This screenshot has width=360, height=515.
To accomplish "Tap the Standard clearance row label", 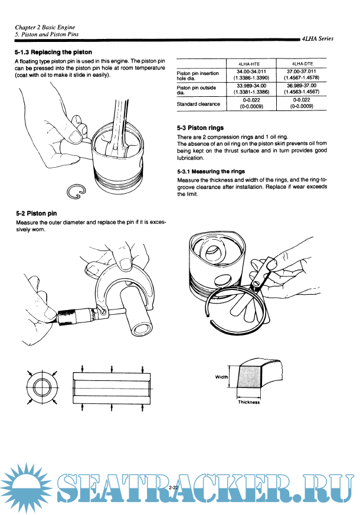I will point(198,104).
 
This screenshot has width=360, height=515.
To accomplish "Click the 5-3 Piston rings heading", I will point(200,128).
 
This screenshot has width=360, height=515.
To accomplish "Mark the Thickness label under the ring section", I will point(248,402).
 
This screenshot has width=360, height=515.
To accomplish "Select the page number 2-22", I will point(174,487).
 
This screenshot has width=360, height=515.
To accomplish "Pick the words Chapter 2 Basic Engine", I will point(45,27).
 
